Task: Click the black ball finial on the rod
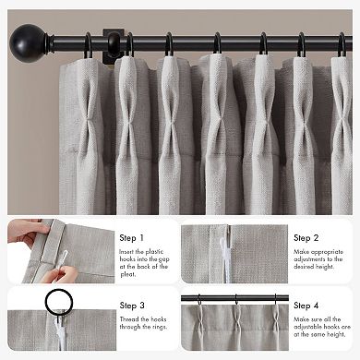click(25, 42)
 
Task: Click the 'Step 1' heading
click(131, 237)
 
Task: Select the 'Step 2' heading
click(306, 237)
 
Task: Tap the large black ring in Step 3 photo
click(60, 304)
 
